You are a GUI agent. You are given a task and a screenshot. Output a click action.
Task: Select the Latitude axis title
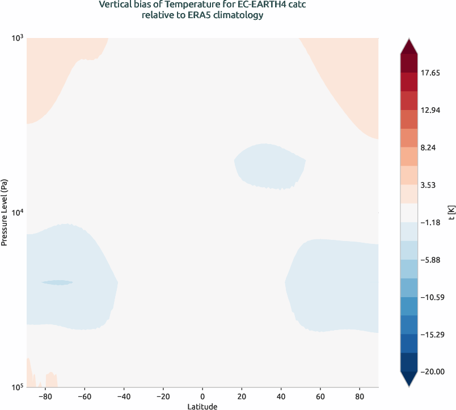pyautogui.click(x=202, y=406)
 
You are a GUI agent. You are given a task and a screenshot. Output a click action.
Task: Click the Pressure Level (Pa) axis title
pyautogui.click(x=5, y=213)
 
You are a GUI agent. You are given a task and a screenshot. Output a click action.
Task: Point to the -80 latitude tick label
pyautogui.click(x=45, y=396)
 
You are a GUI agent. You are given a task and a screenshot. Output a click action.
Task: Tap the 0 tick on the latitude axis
pyautogui.click(x=202, y=396)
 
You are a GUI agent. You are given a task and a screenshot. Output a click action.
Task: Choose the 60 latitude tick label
pyautogui.click(x=320, y=396)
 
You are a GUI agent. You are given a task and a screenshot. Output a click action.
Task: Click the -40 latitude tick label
pyautogui.click(x=124, y=396)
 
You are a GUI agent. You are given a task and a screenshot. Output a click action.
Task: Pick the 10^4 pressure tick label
pyautogui.click(x=17, y=213)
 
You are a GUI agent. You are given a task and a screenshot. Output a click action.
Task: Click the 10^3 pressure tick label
pyautogui.click(x=17, y=38)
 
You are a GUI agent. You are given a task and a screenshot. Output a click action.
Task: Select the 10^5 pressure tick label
pyautogui.click(x=17, y=387)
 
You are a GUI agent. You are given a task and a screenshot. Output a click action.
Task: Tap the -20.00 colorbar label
pyautogui.click(x=433, y=371)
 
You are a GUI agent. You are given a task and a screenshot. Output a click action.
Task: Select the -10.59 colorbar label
pyautogui.click(x=433, y=297)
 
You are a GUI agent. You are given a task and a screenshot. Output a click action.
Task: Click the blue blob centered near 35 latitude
pyautogui.click(x=269, y=166)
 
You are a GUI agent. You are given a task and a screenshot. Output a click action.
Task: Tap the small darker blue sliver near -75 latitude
pyautogui.click(x=57, y=282)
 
